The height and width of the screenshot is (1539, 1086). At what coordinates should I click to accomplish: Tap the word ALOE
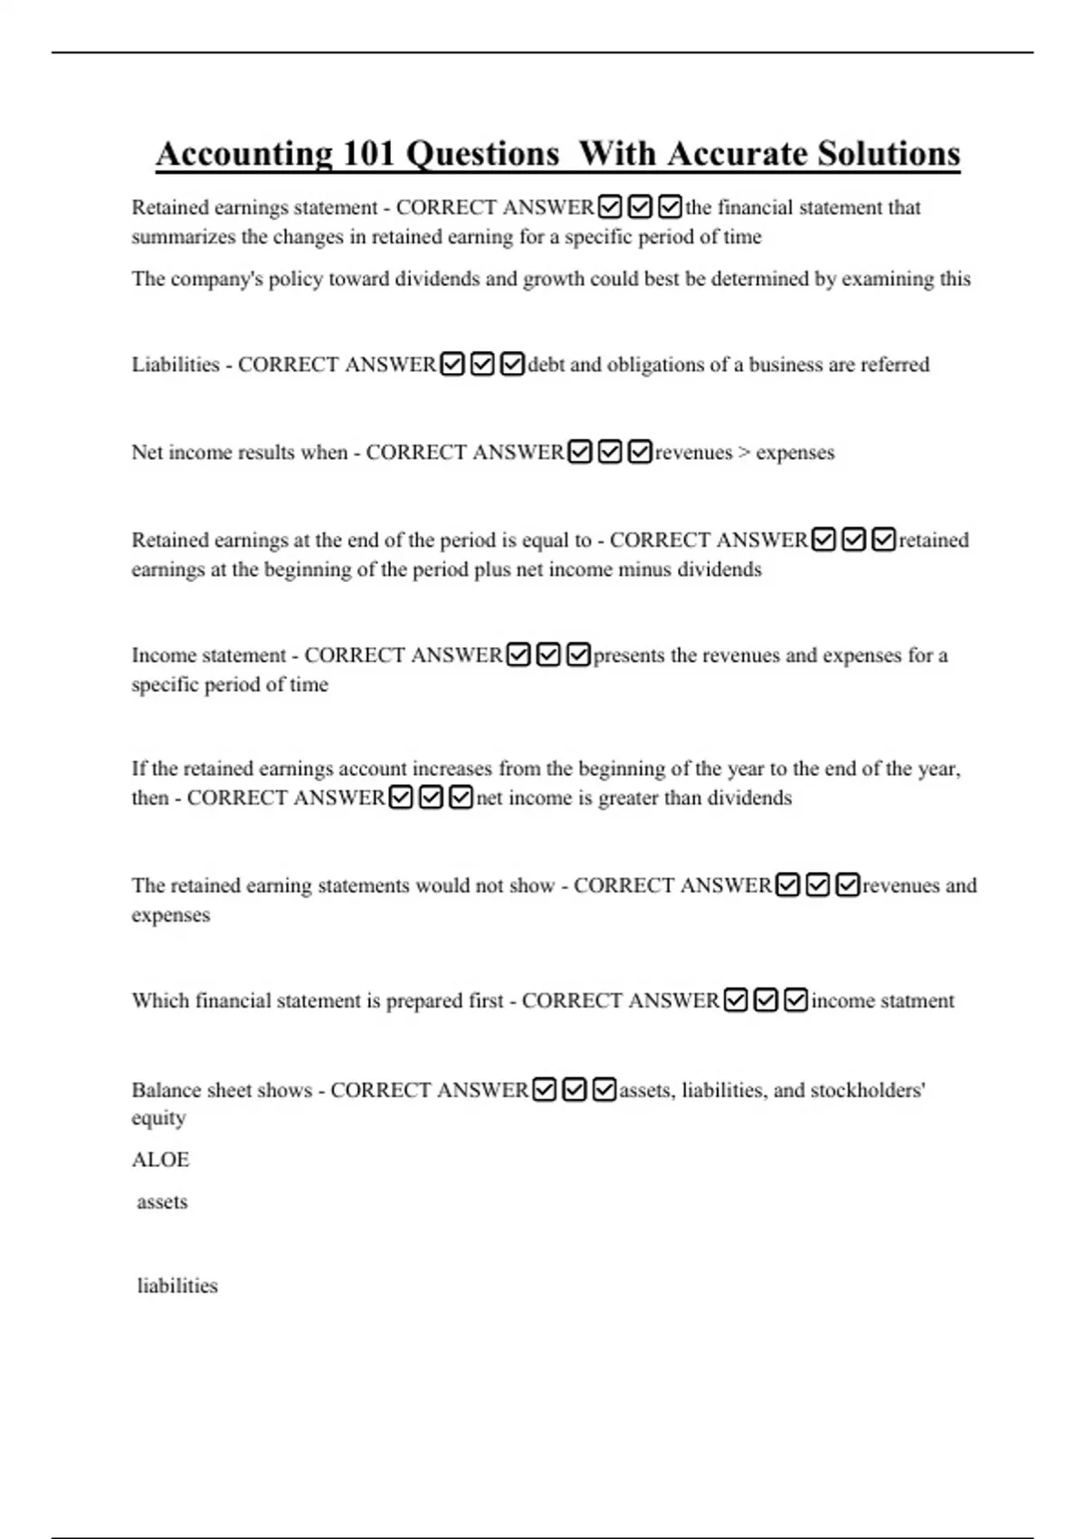[160, 1160]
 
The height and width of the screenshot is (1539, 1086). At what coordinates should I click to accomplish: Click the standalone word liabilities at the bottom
[177, 1286]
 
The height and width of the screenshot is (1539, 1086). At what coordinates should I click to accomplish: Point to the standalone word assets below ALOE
[162, 1202]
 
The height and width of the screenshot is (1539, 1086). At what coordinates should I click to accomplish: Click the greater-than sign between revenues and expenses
[744, 453]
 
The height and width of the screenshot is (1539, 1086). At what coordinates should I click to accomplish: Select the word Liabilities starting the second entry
[176, 365]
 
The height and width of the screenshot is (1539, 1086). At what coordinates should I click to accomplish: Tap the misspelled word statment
[919, 1000]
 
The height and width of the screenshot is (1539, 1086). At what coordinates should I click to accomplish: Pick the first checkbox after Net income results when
[580, 452]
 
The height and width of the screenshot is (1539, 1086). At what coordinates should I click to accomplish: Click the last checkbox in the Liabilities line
[512, 364]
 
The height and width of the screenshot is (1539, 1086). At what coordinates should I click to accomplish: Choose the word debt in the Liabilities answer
[546, 365]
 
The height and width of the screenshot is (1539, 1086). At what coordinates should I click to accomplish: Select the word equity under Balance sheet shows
[158, 1119]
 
